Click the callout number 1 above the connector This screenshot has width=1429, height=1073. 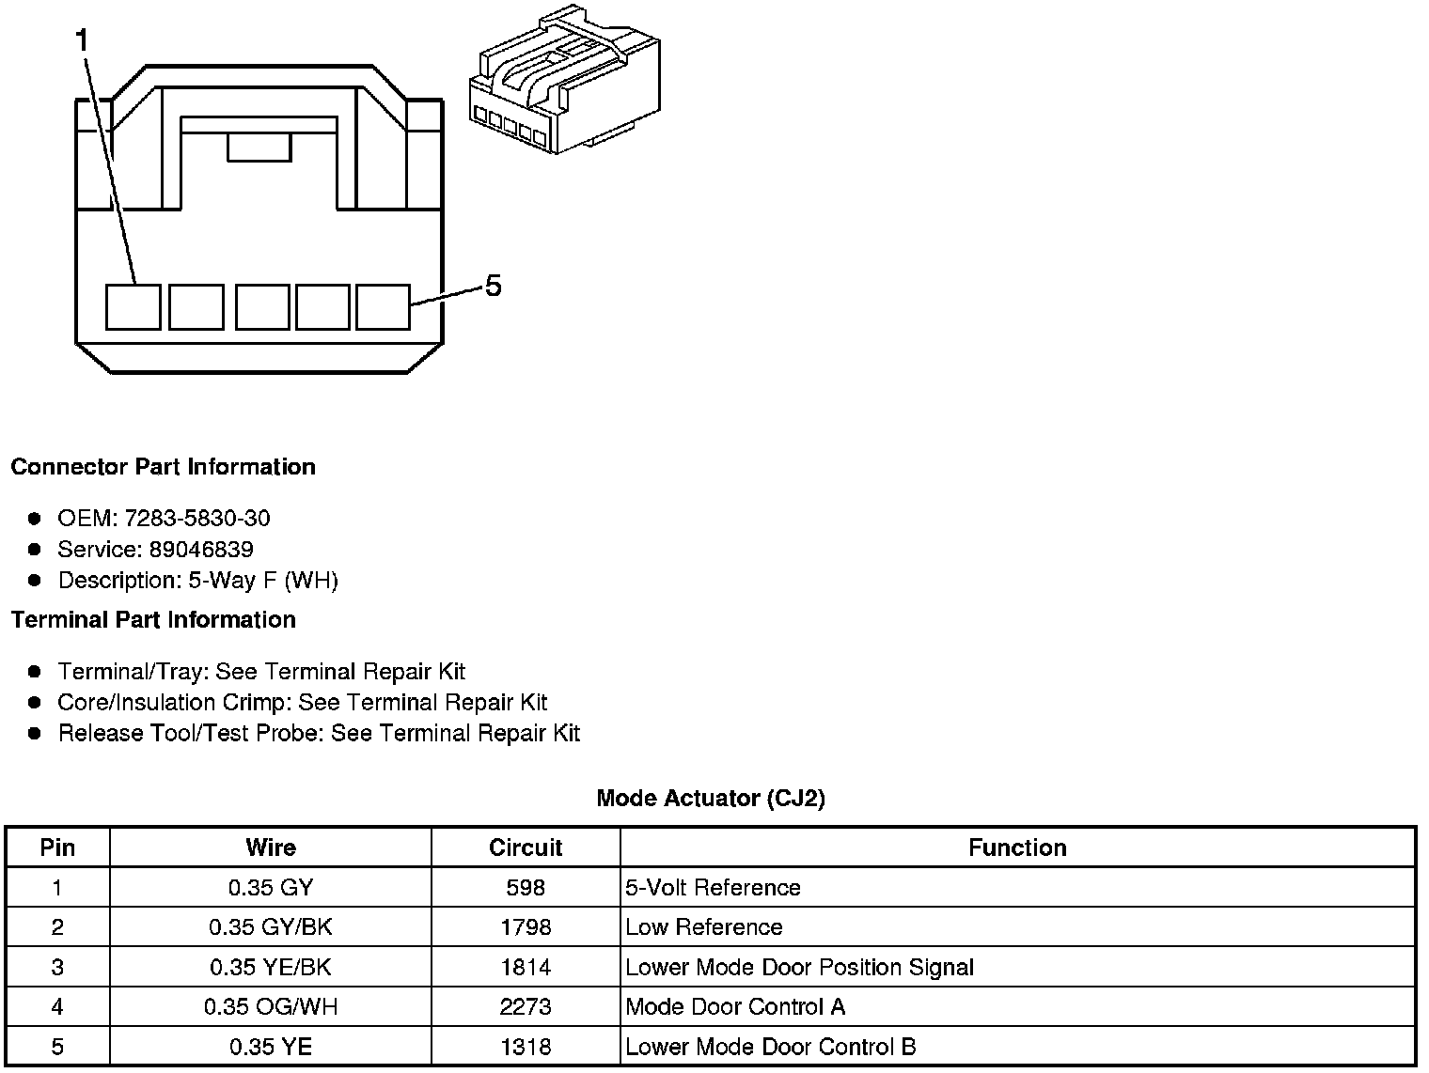84,40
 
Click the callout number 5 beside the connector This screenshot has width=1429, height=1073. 493,286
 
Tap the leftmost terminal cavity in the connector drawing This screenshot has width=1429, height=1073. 133,307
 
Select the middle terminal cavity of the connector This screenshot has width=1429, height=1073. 262,307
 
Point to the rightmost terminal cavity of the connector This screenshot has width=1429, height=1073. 384,307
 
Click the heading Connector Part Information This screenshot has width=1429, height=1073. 163,467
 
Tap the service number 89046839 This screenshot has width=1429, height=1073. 201,549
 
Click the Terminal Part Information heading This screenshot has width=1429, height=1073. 153,620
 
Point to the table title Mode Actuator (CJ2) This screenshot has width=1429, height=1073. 711,799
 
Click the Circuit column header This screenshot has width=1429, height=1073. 526,848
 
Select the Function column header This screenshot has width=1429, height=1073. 1017,848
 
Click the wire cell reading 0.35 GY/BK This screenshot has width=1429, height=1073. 271,927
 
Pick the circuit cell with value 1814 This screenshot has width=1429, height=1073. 526,967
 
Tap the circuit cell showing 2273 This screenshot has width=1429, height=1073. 526,1007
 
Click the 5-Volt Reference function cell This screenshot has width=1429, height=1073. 713,888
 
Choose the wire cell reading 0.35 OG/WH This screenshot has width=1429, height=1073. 271,1007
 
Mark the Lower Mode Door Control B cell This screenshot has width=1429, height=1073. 770,1047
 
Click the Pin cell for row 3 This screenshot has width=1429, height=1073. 57,967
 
